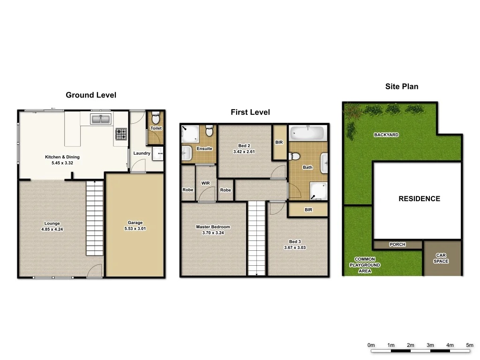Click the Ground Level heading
(91, 95)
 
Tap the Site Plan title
(402, 86)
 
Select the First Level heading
(250, 112)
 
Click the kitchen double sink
(100, 120)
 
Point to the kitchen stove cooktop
(120, 135)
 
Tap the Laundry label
(142, 153)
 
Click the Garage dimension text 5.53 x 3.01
(135, 229)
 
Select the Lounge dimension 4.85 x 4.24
(52, 229)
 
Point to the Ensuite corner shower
(190, 134)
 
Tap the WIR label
(205, 183)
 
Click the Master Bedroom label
(213, 227)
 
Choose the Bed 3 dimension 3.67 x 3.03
(295, 247)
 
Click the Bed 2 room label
(244, 146)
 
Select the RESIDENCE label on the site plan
(419, 199)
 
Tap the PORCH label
(397, 245)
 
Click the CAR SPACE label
(441, 258)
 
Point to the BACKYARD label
(386, 135)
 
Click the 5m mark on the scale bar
(470, 345)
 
